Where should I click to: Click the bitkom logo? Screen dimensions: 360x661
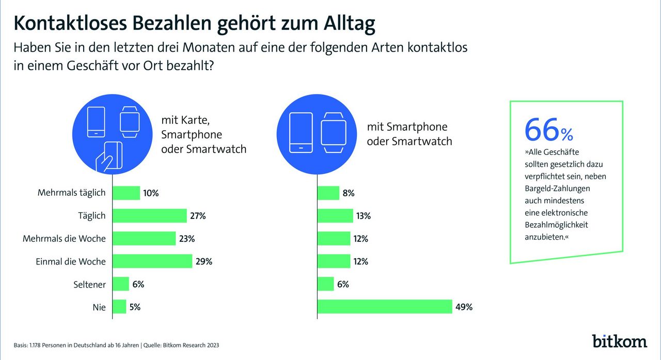(619, 341)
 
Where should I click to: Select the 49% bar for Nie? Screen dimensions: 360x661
(385, 307)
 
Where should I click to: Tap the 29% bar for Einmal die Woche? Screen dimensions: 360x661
(152, 261)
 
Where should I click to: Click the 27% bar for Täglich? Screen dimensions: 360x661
(150, 216)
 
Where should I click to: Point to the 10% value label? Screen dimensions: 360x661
(151, 193)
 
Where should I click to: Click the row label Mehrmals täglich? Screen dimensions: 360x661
(71, 193)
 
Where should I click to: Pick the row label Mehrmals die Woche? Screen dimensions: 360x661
(64, 239)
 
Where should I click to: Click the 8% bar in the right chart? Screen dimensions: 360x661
(328, 193)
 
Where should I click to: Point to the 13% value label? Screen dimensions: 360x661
(363, 216)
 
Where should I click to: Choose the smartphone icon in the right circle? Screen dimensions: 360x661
(301, 132)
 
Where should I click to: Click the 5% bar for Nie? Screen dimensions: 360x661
(119, 307)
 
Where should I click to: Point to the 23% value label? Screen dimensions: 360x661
(187, 239)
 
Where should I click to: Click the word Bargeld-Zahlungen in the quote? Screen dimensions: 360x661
(557, 189)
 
